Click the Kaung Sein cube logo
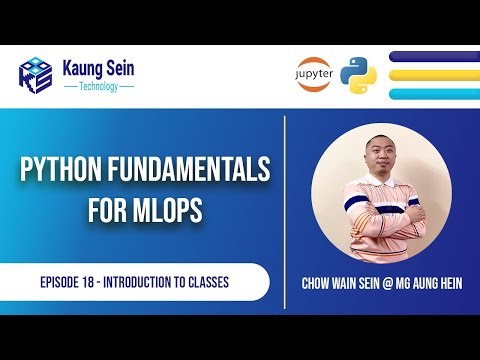pos(37,74)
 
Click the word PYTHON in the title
pos(63,172)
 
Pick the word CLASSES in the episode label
pos(208,282)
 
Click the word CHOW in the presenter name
pos(317,283)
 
